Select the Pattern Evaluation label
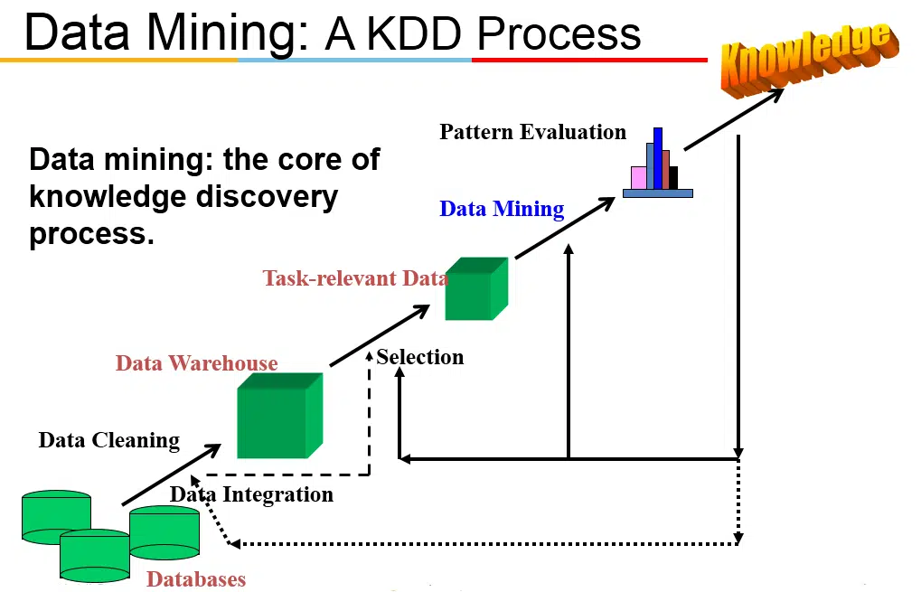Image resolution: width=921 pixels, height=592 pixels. pyautogui.click(x=532, y=132)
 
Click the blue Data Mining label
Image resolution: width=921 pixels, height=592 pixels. pyautogui.click(x=502, y=209)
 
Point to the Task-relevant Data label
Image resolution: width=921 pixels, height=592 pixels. pyautogui.click(x=354, y=277)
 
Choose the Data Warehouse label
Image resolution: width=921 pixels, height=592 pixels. pyautogui.click(x=196, y=363)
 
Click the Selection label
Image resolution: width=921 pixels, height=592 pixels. pyautogui.click(x=420, y=357)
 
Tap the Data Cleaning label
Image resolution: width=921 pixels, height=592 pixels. pyautogui.click(x=108, y=440)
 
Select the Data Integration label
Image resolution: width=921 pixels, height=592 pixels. pyautogui.click(x=251, y=494)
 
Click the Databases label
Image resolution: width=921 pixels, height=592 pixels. pyautogui.click(x=196, y=578)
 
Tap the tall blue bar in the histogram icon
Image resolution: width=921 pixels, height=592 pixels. pyautogui.click(x=658, y=158)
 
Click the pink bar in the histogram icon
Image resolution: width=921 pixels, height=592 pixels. pyautogui.click(x=638, y=177)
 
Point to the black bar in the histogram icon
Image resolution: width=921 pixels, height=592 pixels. pyautogui.click(x=673, y=177)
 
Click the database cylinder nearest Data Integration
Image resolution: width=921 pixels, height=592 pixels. pyautogui.click(x=164, y=532)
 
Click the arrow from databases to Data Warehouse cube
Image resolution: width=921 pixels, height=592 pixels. pyautogui.click(x=171, y=475)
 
